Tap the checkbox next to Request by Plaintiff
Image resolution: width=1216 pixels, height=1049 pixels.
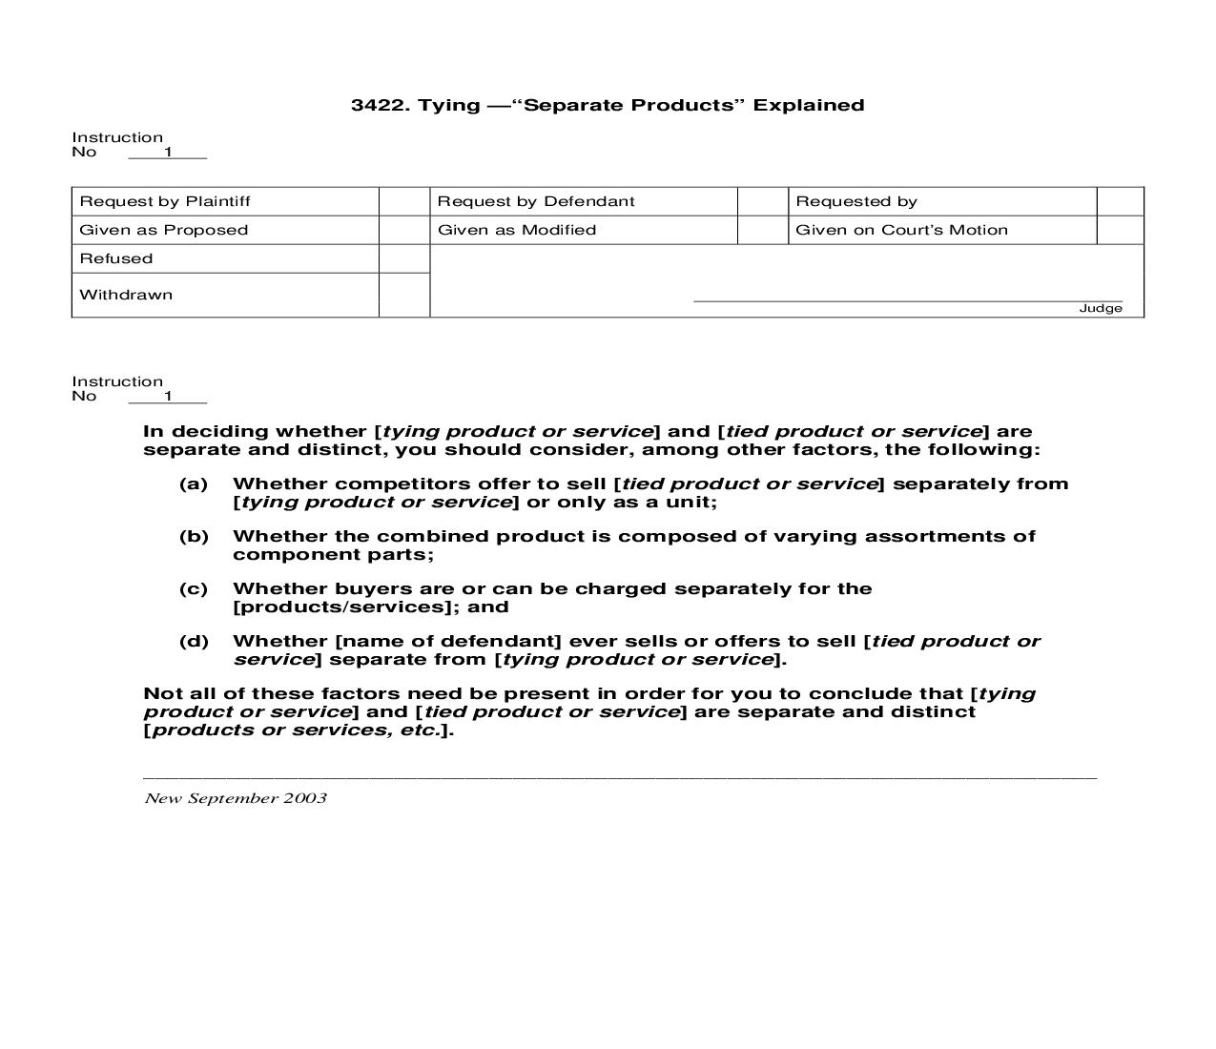pyautogui.click(x=404, y=201)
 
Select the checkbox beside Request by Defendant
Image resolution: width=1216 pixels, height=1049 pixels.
pyautogui.click(x=763, y=201)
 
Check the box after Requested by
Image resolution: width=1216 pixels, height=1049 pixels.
pyautogui.click(x=1121, y=201)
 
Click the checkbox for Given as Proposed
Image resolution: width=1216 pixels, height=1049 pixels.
pyautogui.click(x=404, y=230)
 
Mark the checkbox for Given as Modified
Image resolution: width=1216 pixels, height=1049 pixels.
pyautogui.click(x=763, y=230)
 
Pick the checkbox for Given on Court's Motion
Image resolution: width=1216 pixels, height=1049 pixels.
pyautogui.click(x=1121, y=230)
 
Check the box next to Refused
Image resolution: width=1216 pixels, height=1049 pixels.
pyautogui.click(x=404, y=258)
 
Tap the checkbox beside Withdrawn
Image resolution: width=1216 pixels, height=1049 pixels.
pyautogui.click(x=404, y=295)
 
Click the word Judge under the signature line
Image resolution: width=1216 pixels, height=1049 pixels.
pyautogui.click(x=1101, y=308)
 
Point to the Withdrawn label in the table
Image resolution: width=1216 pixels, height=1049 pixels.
pyautogui.click(x=126, y=295)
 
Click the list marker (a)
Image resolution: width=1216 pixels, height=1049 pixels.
pyautogui.click(x=194, y=484)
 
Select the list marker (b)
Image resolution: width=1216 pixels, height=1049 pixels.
pyautogui.click(x=194, y=537)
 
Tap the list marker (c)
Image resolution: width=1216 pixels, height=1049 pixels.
pyautogui.click(x=194, y=589)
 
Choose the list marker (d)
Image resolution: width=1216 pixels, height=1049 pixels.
pyautogui.click(x=194, y=642)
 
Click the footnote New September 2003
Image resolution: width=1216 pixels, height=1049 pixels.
pyautogui.click(x=236, y=798)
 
